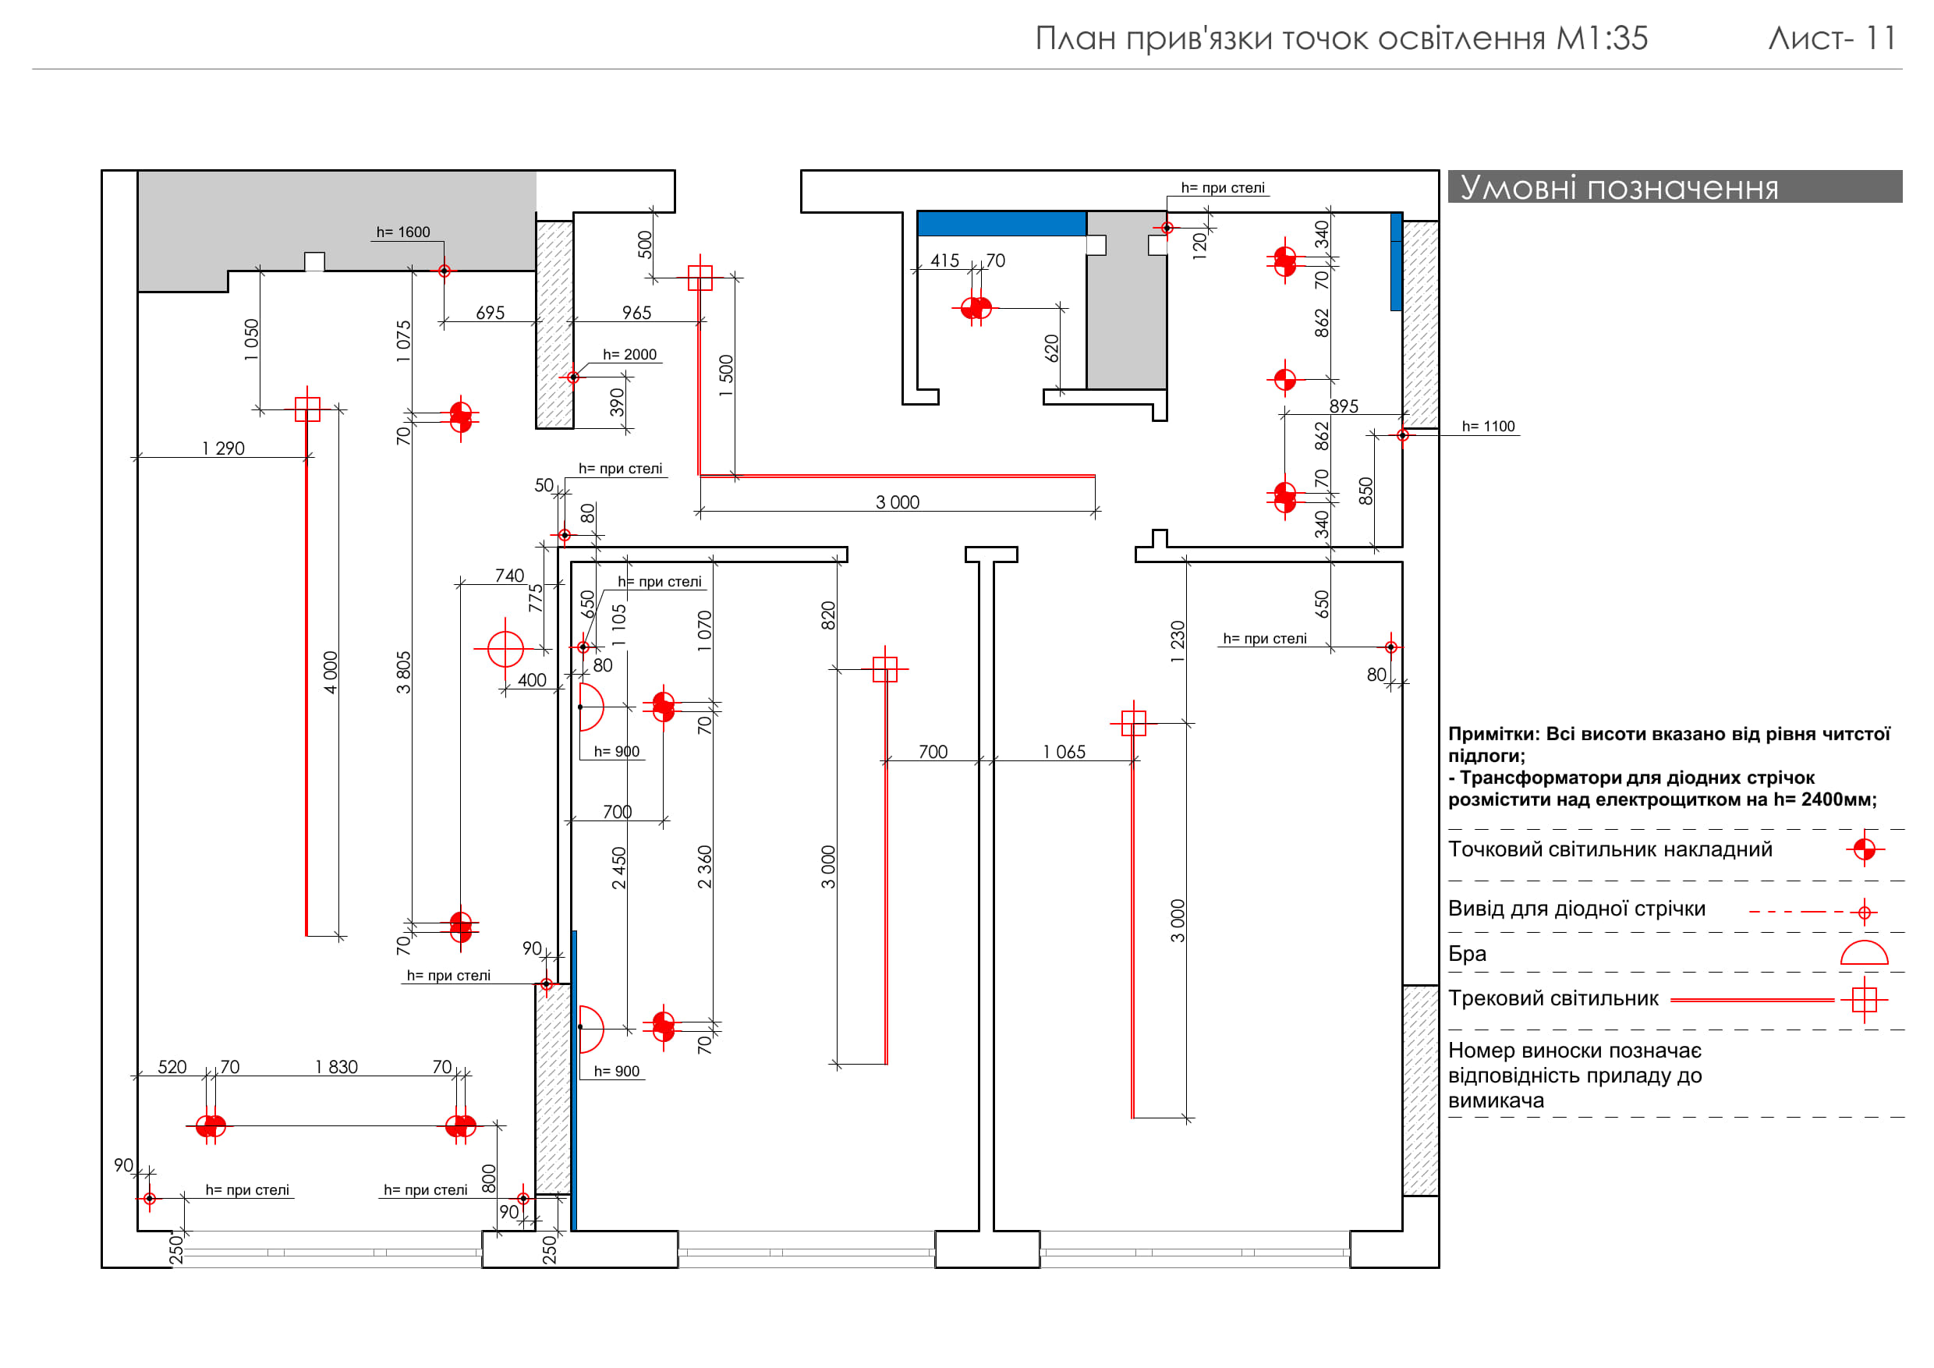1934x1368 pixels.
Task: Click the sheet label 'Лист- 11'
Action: coord(1831,39)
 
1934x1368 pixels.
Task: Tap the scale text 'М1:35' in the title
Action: coord(1601,39)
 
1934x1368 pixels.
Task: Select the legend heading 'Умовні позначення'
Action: coord(1618,187)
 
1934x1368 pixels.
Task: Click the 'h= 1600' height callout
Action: coord(402,232)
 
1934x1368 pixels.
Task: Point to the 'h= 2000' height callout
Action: coord(629,355)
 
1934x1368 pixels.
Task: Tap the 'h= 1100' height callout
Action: coord(1488,427)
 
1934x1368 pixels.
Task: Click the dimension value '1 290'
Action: coord(223,448)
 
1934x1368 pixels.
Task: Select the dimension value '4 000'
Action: coord(331,672)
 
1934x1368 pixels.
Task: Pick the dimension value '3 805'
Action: coord(404,672)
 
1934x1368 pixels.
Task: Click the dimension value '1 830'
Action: coord(336,1066)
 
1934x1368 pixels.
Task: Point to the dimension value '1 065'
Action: coord(1064,751)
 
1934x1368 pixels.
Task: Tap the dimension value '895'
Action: coord(1344,406)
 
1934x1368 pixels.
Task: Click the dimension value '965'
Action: coord(637,313)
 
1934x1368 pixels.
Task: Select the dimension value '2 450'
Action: coord(619,867)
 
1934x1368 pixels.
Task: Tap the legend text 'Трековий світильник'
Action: coord(1553,998)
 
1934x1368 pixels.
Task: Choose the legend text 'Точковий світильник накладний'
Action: coord(1610,849)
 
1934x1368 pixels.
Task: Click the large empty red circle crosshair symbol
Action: coord(505,649)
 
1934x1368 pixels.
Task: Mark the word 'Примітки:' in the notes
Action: coord(1493,734)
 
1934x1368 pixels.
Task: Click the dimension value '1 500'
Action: coord(726,376)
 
